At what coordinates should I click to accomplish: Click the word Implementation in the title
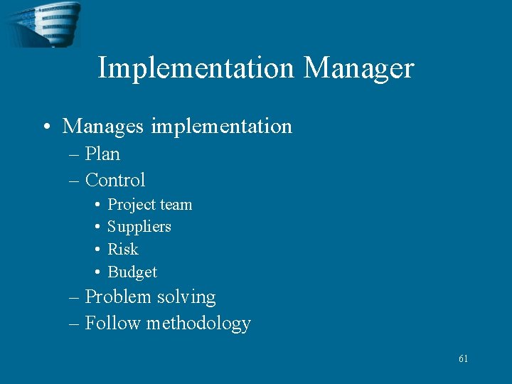pyautogui.click(x=196, y=68)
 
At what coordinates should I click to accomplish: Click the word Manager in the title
pyautogui.click(x=358, y=68)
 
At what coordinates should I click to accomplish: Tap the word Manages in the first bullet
pyautogui.click(x=102, y=127)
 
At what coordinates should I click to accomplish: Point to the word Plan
pyautogui.click(x=102, y=154)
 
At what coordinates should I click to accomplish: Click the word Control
pyautogui.click(x=114, y=180)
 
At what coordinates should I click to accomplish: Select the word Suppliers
pyautogui.click(x=139, y=227)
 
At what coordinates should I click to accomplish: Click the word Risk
pyautogui.click(x=122, y=250)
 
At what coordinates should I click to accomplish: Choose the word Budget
pyautogui.click(x=132, y=272)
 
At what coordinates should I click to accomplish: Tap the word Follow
pyautogui.click(x=113, y=324)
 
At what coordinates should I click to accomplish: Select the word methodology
pyautogui.click(x=198, y=324)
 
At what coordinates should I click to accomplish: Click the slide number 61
pyautogui.click(x=463, y=359)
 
